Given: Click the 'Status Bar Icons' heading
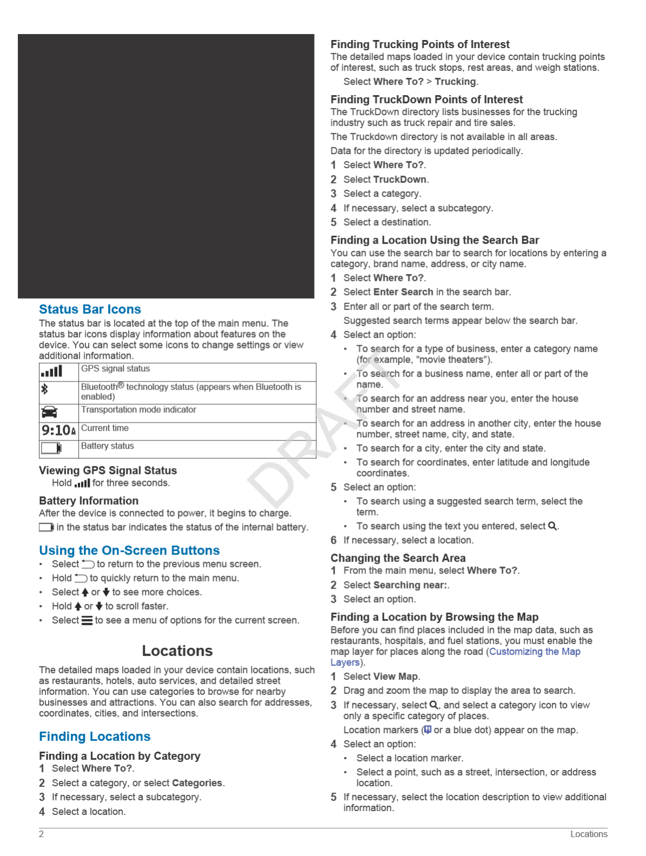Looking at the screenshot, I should coord(90,309).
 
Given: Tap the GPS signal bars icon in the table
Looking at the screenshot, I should coord(52,371).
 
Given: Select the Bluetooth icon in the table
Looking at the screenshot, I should coord(45,389).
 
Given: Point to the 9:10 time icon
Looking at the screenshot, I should coord(58,430).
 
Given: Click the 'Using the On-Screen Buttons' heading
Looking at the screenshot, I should coord(129,550).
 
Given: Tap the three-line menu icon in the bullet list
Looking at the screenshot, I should coord(86,620).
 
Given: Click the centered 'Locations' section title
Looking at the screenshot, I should coord(177,651).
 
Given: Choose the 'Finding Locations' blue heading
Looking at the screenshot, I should coord(95,737).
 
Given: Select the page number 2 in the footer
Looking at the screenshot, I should coord(41,834).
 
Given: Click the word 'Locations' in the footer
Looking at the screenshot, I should coord(589,834).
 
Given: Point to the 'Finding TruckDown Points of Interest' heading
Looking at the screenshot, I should coord(427,99).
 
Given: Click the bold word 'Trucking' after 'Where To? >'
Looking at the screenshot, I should coord(455,82).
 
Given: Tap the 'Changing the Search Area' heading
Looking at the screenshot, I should coord(398,558).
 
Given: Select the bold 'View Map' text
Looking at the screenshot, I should coord(396,677).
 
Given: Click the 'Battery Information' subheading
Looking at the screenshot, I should coord(89,500).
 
